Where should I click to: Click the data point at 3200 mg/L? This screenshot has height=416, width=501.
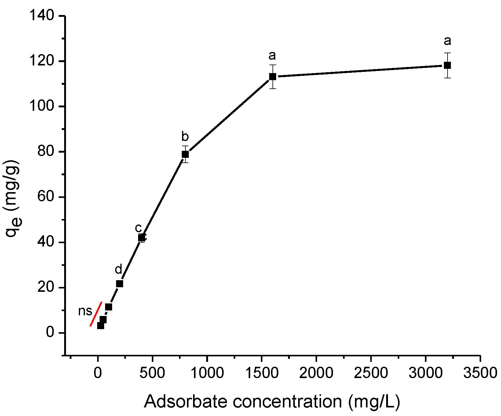pos(447,65)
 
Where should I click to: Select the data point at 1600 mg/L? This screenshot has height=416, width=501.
pos(272,76)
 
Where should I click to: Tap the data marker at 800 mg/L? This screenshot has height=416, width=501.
pos(185,154)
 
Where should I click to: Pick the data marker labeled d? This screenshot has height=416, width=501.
pos(119,284)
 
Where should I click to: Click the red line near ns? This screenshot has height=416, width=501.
pos(96,314)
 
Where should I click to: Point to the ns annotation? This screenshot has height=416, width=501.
pos(85,311)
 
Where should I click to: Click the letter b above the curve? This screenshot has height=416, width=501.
pos(185,137)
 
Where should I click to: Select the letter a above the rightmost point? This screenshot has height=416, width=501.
pos(447,41)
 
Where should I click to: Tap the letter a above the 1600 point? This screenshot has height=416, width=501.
pos(272,55)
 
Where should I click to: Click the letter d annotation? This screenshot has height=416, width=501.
pos(118,269)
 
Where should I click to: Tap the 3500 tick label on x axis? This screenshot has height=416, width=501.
pos(480,373)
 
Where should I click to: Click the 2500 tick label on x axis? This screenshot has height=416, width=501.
pos(371,373)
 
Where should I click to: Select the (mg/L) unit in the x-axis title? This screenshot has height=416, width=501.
pos(374,402)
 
